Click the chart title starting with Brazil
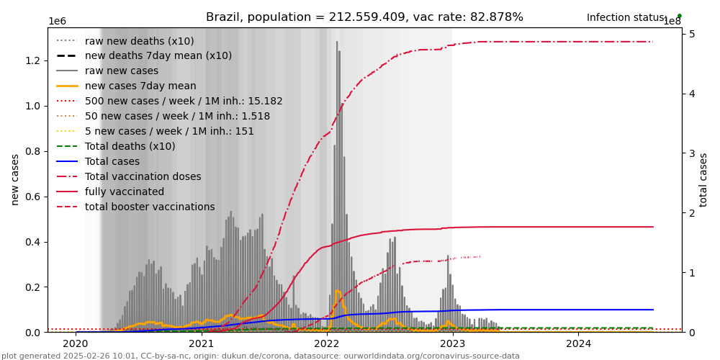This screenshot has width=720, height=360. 364,17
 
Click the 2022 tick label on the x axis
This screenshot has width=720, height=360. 327,344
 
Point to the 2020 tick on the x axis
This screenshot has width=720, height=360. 76,344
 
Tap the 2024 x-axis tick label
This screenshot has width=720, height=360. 578,344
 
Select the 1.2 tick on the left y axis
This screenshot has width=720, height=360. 32,60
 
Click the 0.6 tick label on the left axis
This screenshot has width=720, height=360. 32,197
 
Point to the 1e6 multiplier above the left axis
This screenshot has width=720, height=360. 58,22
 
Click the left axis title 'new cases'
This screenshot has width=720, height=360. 15,179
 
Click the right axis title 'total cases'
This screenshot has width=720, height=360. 703,179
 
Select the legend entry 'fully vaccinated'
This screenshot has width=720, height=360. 125,192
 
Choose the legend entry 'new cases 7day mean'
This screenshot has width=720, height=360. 140,86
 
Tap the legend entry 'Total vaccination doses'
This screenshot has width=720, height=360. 143,176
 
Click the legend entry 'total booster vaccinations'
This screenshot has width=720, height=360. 150,207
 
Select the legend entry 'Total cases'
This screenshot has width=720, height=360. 112,161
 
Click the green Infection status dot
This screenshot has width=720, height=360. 679,16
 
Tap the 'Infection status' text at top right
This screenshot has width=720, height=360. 626,17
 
